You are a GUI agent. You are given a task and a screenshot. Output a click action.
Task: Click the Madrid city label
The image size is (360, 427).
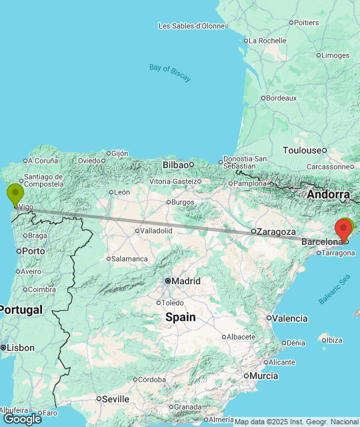pyautogui.click(x=186, y=281)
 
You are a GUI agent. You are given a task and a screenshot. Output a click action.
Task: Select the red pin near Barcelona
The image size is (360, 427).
pyautogui.click(x=344, y=229)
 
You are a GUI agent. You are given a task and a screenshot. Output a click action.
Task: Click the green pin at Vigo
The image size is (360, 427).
pyautogui.click(x=15, y=194)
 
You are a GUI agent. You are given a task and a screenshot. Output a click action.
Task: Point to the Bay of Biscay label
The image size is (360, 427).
pyautogui.click(x=170, y=72)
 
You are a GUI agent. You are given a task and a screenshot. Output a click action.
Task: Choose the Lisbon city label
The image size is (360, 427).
pyautogui.click(x=21, y=348)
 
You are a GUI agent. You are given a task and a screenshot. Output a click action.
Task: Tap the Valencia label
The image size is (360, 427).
pyautogui.click(x=290, y=318)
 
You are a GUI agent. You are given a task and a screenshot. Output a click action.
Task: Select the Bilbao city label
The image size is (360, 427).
pyautogui.click(x=176, y=164)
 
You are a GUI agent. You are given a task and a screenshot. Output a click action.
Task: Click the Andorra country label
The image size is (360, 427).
pyautogui.click(x=328, y=194)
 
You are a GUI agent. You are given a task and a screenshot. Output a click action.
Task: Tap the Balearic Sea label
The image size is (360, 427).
pyautogui.click(x=334, y=291)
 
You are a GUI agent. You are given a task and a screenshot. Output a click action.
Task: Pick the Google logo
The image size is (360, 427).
pyautogui.click(x=22, y=418)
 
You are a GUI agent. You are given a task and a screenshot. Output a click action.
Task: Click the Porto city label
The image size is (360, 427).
pyautogui.click(x=33, y=251)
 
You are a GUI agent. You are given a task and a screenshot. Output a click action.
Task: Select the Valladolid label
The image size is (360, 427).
pyautogui.click(x=156, y=230)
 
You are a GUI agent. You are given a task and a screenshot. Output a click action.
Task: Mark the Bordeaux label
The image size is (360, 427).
pyautogui.click(x=281, y=97)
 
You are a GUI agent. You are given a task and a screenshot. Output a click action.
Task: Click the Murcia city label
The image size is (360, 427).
pyautogui.click(x=263, y=376)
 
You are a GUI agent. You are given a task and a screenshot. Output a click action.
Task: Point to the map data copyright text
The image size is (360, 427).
pyautogui.click(x=295, y=421)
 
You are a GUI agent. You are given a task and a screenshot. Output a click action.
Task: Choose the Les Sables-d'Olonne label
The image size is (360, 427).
pyautogui.click(x=191, y=26)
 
